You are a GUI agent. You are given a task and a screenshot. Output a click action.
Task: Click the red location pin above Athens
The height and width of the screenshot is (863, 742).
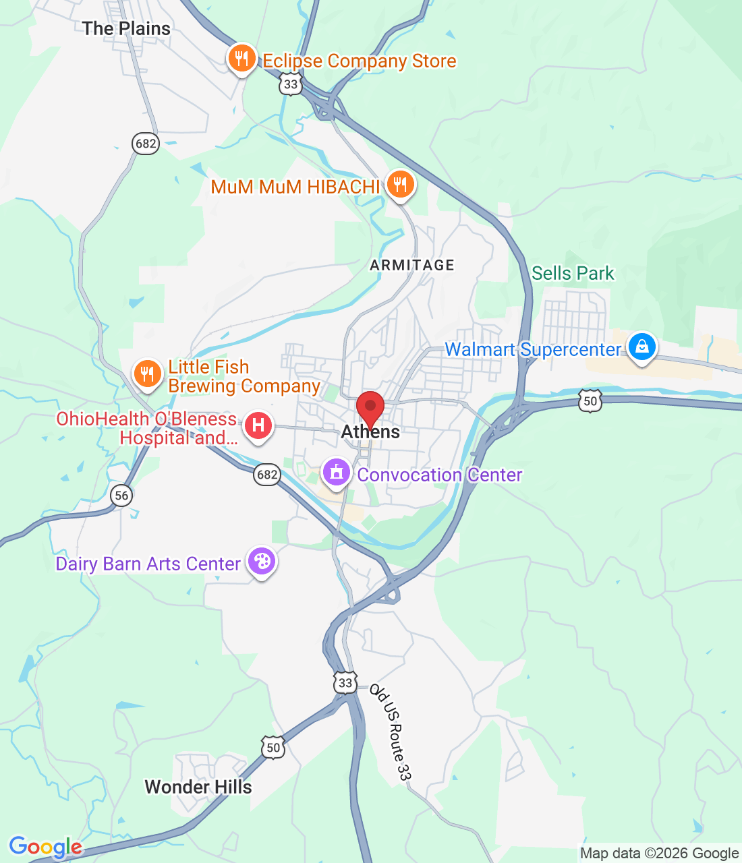coord(370,407)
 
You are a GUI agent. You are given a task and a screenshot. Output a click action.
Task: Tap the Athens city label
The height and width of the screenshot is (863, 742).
coord(370,432)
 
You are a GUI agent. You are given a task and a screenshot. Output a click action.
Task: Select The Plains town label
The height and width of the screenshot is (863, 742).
coord(126,28)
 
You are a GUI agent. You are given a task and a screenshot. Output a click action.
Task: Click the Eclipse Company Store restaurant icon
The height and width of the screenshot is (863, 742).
coord(241,59)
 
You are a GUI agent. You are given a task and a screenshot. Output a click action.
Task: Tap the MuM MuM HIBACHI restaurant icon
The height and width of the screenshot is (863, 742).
coord(401,185)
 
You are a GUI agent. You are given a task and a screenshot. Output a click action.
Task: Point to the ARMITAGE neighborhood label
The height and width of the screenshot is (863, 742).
coord(412,265)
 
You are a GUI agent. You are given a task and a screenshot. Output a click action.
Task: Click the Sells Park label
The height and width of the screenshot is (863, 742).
coord(573,273)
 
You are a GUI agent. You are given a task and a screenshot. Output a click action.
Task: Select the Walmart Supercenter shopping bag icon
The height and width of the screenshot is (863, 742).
coord(641,347)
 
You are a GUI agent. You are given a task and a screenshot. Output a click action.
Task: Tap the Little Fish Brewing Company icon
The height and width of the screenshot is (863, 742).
coord(147,374)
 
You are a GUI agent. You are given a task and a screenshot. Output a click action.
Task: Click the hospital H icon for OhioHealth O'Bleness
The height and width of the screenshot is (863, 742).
coord(258,426)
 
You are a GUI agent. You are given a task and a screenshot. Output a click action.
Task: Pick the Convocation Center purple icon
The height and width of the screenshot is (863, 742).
coord(337,473)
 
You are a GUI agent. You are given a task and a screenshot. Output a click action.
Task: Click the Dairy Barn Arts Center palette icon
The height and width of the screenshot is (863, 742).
coord(262,562)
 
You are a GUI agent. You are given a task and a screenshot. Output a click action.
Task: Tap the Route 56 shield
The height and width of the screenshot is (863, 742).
coord(121,496)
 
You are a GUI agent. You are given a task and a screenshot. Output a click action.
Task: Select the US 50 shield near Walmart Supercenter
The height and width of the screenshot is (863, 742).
coord(590,401)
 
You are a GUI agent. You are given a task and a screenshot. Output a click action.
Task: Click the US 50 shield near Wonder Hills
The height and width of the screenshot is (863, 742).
coord(273,747)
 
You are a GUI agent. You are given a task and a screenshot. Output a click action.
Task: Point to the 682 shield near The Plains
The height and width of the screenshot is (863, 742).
coord(146,143)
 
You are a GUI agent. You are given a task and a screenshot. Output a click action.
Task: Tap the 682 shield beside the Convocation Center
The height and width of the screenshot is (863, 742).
coord(267,474)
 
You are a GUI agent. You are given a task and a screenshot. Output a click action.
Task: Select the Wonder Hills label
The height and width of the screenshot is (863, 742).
coord(198,787)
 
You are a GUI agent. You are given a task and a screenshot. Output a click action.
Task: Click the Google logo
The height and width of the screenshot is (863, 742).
coord(45,847)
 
